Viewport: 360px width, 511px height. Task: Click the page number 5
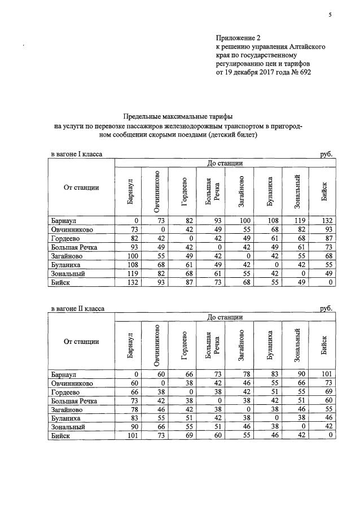tap(330, 15)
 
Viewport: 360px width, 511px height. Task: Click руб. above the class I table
tap(326, 154)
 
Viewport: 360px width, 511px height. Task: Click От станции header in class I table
tap(82, 187)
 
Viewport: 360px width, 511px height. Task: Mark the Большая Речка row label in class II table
tap(74, 400)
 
